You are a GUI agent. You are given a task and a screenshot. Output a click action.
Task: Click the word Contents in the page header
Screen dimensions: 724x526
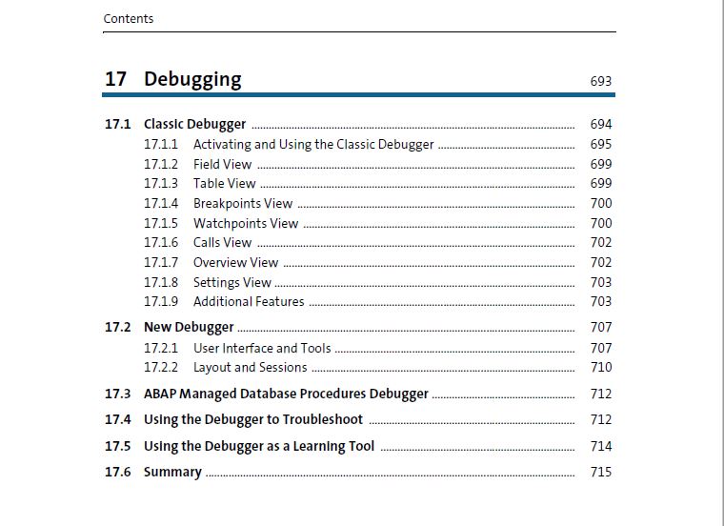tap(129, 18)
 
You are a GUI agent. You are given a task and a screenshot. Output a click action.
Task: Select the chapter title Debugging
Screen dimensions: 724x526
tap(192, 79)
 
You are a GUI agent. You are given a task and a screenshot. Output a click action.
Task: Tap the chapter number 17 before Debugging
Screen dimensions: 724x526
tap(115, 79)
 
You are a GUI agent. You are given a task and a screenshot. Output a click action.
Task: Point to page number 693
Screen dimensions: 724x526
tap(601, 81)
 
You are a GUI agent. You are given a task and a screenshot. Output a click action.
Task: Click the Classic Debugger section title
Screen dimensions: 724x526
tap(195, 124)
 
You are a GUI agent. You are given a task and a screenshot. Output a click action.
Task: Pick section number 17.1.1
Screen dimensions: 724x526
tap(161, 144)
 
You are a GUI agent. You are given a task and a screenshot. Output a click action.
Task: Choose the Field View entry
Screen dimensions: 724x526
tap(223, 165)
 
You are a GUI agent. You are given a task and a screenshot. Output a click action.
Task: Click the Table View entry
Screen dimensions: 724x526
tap(225, 183)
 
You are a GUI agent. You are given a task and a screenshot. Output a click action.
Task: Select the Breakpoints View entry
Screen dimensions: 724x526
tap(243, 204)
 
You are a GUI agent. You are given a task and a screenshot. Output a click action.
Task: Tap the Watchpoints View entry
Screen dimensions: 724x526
tap(246, 224)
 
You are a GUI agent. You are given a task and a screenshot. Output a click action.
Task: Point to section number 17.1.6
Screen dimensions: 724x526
tap(161, 242)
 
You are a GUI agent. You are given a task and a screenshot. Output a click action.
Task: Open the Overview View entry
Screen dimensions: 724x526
tap(236, 262)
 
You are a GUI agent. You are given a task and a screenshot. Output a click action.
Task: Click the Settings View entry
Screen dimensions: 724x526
tap(232, 283)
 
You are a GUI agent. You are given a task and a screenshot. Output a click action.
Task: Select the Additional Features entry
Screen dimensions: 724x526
tap(249, 301)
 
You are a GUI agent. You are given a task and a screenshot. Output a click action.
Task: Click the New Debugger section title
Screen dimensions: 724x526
tap(189, 328)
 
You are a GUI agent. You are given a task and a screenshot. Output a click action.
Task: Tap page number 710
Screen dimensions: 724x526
tap(601, 367)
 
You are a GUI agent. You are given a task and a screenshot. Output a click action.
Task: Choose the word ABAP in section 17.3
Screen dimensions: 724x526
tap(160, 394)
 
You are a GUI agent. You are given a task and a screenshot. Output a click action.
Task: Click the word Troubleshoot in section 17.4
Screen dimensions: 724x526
tap(323, 419)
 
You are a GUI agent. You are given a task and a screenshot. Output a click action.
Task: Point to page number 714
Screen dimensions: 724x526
tap(601, 446)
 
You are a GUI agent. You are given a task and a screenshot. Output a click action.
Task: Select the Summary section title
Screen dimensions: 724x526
tap(172, 472)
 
